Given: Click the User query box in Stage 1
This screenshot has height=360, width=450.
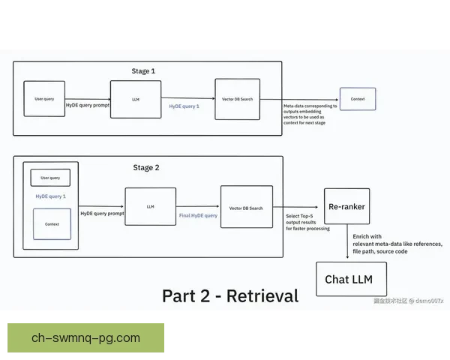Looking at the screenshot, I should pyautogui.click(x=44, y=98).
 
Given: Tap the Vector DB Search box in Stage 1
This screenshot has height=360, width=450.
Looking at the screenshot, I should pyautogui.click(x=237, y=98).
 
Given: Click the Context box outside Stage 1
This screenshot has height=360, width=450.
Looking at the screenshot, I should pyautogui.click(x=358, y=98).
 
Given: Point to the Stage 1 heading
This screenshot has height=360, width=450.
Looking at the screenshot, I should pyautogui.click(x=143, y=71).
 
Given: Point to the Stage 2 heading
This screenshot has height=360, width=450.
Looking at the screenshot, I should pyautogui.click(x=146, y=167).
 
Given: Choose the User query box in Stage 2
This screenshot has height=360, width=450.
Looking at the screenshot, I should pyautogui.click(x=50, y=178).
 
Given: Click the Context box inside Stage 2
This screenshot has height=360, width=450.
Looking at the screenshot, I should pyautogui.click(x=52, y=224).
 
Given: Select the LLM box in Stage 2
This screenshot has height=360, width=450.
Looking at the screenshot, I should pyautogui.click(x=151, y=206).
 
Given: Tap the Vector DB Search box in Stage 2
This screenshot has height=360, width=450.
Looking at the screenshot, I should pyautogui.click(x=246, y=207).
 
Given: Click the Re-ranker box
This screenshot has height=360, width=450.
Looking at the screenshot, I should pyautogui.click(x=346, y=206).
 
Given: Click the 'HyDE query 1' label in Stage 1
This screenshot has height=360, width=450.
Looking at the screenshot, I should pyautogui.click(x=184, y=106).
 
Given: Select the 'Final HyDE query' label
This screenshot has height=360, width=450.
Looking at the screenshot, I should pyautogui.click(x=198, y=215).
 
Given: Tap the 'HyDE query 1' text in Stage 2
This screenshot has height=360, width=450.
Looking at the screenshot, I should pyautogui.click(x=50, y=196).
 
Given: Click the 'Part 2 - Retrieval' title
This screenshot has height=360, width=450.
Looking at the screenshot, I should pyautogui.click(x=229, y=295).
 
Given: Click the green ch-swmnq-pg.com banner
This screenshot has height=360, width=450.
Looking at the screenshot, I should pyautogui.click(x=85, y=337).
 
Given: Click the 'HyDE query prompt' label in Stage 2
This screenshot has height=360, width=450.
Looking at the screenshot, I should pyautogui.click(x=101, y=214).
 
